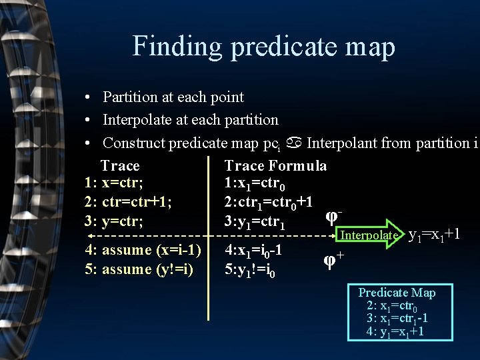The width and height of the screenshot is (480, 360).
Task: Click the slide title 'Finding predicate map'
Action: [263, 47]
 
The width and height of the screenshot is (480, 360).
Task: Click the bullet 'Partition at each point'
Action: [173, 97]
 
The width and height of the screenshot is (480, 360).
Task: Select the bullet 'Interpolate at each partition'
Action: [190, 120]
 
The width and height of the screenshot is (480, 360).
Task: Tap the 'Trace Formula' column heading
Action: [275, 165]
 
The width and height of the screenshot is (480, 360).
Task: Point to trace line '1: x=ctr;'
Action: [114, 183]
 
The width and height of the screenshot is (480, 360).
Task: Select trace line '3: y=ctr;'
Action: [113, 221]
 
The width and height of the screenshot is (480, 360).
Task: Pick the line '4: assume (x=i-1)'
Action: [143, 250]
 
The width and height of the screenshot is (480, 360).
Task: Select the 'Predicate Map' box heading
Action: [397, 293]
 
